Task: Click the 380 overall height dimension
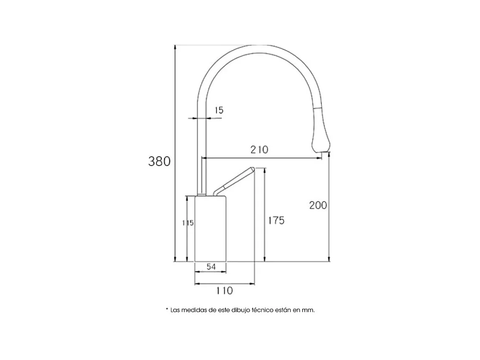pyautogui.click(x=159, y=161)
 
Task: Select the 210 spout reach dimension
pyautogui.click(x=259, y=150)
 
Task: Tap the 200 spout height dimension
pyautogui.click(x=318, y=205)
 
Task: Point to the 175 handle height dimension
pyautogui.click(x=276, y=220)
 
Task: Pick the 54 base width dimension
pyautogui.click(x=211, y=267)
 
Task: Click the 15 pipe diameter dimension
pyautogui.click(x=219, y=110)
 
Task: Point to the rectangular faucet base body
pyautogui.click(x=211, y=228)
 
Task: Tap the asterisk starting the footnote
pyautogui.click(x=167, y=310)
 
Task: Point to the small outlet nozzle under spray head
pyautogui.click(x=322, y=156)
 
